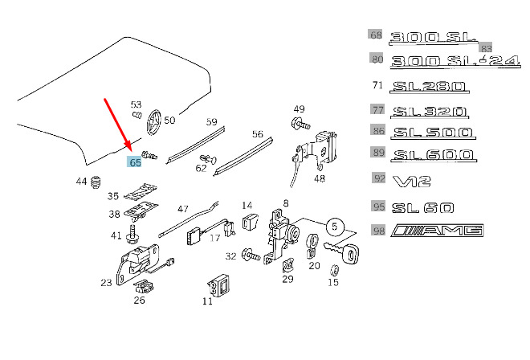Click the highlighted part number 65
tap(134, 161)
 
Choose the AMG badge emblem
tap(438, 231)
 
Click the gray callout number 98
tap(377, 231)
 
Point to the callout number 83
tap(485, 49)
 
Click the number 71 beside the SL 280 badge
tap(377, 86)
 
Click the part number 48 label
tap(320, 179)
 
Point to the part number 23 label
tap(106, 283)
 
